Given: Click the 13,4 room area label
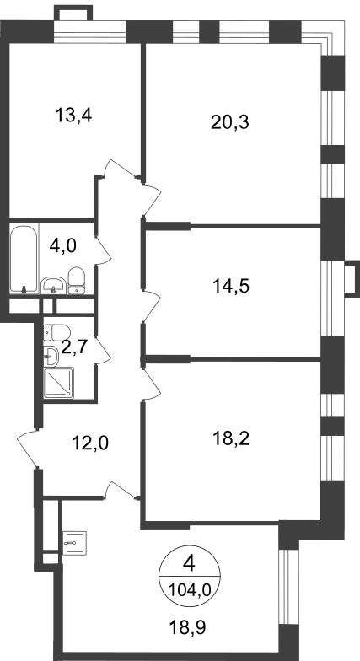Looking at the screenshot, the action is coord(74,115).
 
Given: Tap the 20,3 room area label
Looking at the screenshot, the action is coord(230,122).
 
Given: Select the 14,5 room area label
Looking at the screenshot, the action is coord(231,287).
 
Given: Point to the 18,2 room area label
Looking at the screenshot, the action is coord(231,438).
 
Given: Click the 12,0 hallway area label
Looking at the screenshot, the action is coord(89,443).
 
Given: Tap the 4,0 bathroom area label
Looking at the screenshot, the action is coord(62,245).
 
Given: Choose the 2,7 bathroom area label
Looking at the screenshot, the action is coord(74,347).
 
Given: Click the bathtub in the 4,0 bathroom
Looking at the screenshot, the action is coord(24,260).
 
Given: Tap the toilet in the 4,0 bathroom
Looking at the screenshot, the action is coord(76,280).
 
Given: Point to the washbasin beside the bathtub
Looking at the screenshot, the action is coord(54,285).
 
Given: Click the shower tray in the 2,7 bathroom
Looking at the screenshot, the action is coord(59,383).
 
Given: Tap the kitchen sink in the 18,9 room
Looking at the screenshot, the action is coord(74,543).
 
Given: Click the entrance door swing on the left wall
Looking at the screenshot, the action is coord(27,449).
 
